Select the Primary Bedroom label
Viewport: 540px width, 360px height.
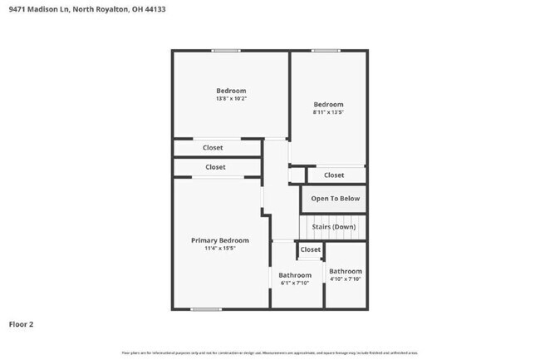point(220,240)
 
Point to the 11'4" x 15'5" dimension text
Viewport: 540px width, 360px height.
point(220,249)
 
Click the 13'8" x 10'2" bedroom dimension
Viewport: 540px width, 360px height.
point(231,99)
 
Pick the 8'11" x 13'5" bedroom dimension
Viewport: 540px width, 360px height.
point(328,112)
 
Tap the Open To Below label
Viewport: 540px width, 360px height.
point(336,199)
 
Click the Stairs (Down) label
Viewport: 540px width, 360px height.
point(333,227)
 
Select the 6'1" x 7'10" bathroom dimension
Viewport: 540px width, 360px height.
point(294,284)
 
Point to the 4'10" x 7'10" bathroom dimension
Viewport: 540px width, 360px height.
point(345,279)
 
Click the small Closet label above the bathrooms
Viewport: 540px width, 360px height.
point(310,249)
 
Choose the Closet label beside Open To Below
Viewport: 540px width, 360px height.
point(334,175)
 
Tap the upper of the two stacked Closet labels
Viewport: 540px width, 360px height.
point(213,148)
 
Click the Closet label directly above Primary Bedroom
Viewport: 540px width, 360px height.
point(215,167)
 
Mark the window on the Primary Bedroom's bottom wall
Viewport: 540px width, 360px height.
point(206,309)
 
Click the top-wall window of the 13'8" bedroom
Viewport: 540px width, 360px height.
point(225,51)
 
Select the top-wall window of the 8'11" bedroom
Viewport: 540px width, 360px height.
point(326,51)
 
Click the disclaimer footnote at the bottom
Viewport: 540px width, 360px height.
point(270,353)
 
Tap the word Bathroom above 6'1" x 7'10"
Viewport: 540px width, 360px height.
point(295,275)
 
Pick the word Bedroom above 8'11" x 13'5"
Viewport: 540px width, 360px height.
point(328,104)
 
